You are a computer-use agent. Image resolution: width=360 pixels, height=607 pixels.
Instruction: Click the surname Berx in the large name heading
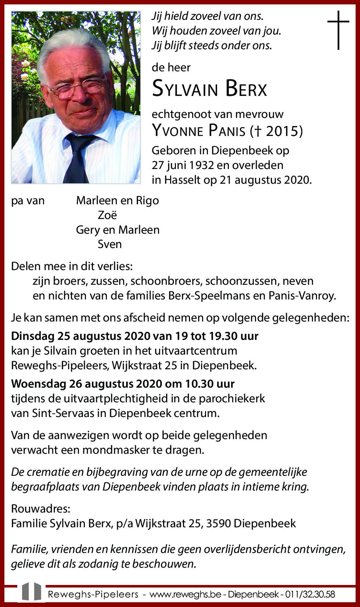pos(246,89)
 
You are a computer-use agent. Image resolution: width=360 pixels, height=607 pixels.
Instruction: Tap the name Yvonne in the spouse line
pos(178,131)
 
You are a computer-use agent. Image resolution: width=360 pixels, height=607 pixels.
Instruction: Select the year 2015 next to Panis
pos(282,131)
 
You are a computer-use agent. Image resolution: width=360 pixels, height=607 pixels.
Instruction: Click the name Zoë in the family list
pos(107,215)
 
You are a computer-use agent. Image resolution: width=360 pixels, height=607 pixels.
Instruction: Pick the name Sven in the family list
pos(109,244)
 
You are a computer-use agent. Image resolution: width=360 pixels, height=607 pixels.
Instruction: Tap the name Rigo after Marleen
pos(147,201)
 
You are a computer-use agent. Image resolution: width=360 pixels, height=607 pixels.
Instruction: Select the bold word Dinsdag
pos(33,336)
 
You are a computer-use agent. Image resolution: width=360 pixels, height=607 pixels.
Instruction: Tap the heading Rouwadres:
pos(40,509)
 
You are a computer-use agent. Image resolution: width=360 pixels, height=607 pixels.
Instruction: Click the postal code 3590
pos(218,524)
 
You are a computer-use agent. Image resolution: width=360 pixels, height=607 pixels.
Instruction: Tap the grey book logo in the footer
pos(31,592)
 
